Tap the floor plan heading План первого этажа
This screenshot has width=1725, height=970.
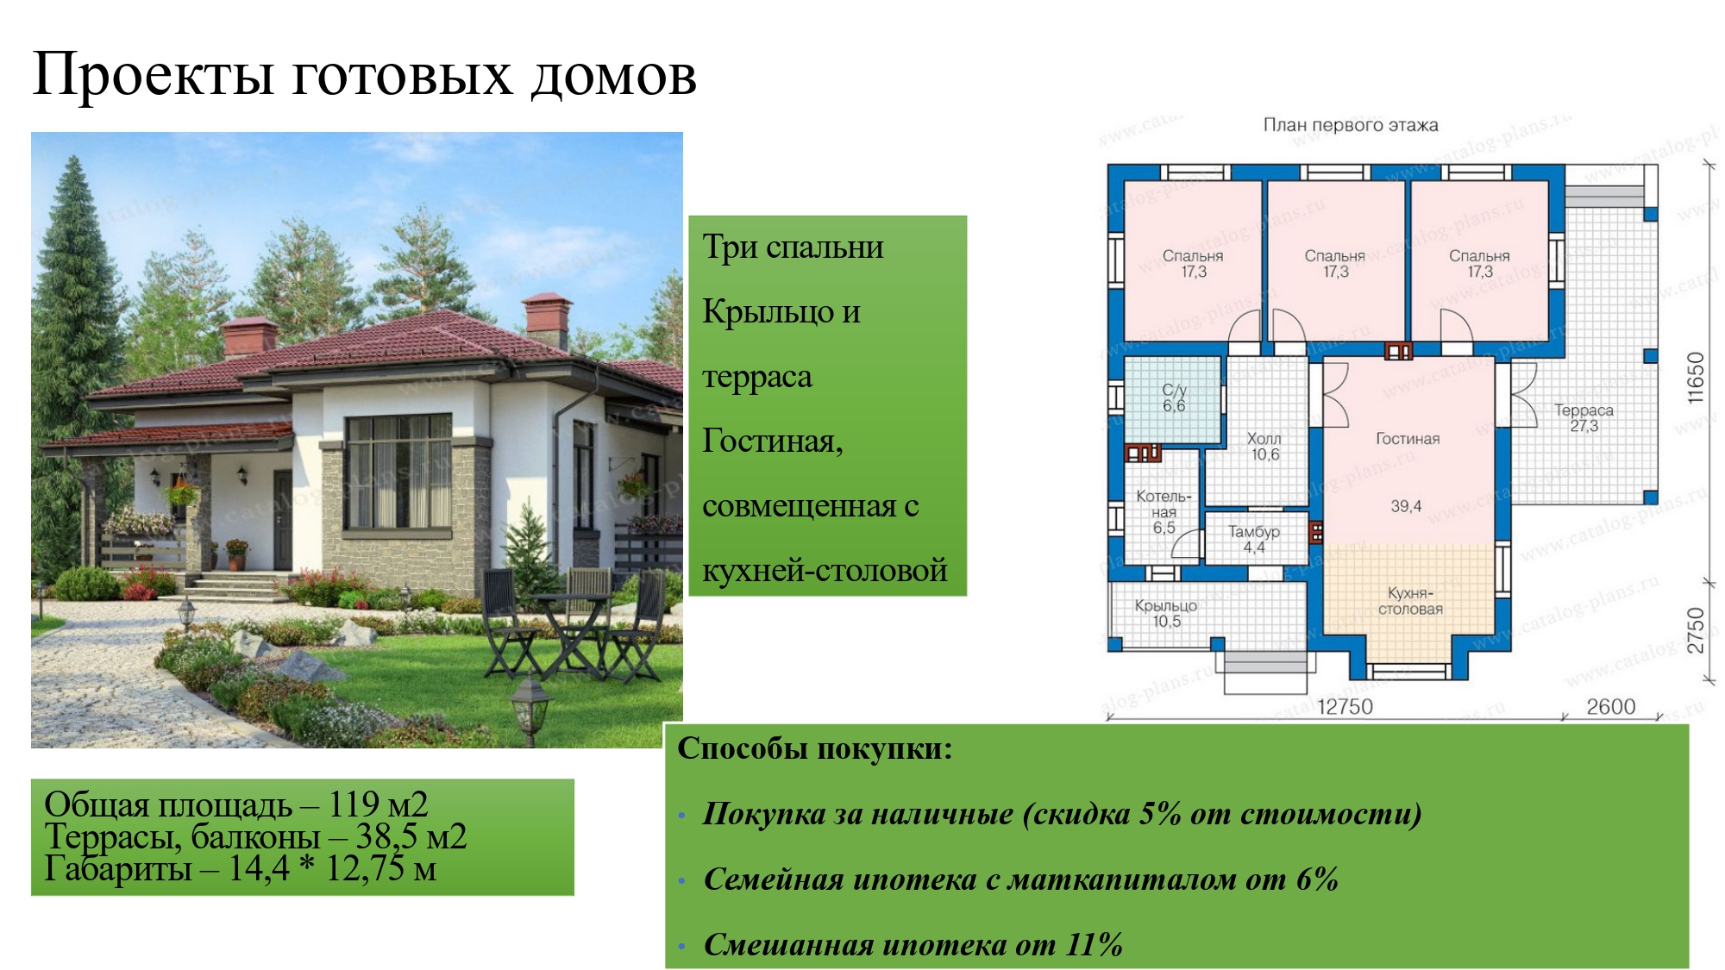[1350, 125]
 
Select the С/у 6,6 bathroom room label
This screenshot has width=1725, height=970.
[1174, 397]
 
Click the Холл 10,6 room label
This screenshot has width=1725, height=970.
[1264, 447]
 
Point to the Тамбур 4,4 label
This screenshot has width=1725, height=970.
[1253, 539]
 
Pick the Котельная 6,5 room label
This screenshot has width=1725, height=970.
[1164, 512]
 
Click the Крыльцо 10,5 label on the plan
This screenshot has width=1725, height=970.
[1165, 613]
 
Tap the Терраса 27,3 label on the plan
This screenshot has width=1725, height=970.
[1584, 418]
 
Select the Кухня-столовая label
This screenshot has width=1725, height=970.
[1410, 601]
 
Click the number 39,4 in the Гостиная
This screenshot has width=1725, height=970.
[1406, 506]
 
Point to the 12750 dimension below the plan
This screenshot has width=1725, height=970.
[1345, 707]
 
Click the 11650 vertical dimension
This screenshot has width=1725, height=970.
[1696, 378]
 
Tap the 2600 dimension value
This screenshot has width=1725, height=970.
[1610, 707]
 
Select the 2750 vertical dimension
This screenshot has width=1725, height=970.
[1696, 630]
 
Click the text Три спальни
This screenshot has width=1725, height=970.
[793, 247]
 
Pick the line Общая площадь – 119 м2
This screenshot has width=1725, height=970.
[235, 804]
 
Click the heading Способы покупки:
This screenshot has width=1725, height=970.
[814, 748]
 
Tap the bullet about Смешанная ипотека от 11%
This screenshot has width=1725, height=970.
[913, 945]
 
